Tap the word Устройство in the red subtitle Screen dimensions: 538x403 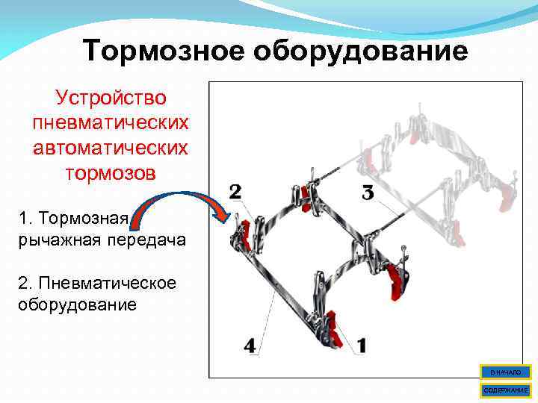[x=111, y=99]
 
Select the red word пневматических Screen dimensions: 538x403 [x=111, y=123]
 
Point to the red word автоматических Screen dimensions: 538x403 [x=111, y=148]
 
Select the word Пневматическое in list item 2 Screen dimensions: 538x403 [x=97, y=284]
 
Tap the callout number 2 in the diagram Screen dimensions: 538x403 [x=235, y=192]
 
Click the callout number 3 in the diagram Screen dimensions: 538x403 [x=368, y=193]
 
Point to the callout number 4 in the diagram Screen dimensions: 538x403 [x=250, y=346]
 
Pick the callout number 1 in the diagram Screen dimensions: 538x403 [x=362, y=346]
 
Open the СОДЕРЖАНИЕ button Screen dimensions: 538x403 [x=505, y=390]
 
